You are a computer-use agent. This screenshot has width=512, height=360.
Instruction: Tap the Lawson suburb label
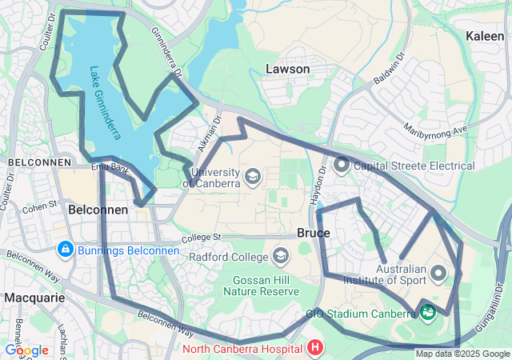click(287, 70)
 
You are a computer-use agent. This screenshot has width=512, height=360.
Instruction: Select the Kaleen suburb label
click(485, 36)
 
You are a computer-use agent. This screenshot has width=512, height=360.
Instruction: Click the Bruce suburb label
click(313, 233)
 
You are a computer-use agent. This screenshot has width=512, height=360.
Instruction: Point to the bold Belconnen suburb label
click(98, 209)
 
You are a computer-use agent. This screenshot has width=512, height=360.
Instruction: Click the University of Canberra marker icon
click(253, 176)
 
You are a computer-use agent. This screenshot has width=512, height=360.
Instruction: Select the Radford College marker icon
click(280, 256)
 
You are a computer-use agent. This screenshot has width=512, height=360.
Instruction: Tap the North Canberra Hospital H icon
click(315, 348)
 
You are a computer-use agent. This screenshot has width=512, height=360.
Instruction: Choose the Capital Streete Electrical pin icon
click(342, 166)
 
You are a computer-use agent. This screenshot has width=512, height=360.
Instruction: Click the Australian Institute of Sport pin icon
click(438, 274)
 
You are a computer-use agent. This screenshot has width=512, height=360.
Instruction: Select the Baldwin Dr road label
click(389, 70)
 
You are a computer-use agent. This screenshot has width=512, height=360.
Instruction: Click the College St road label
click(200, 238)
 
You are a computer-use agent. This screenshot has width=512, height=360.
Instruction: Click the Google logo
click(26, 350)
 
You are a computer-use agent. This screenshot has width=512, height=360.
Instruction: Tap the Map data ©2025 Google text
click(462, 354)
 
